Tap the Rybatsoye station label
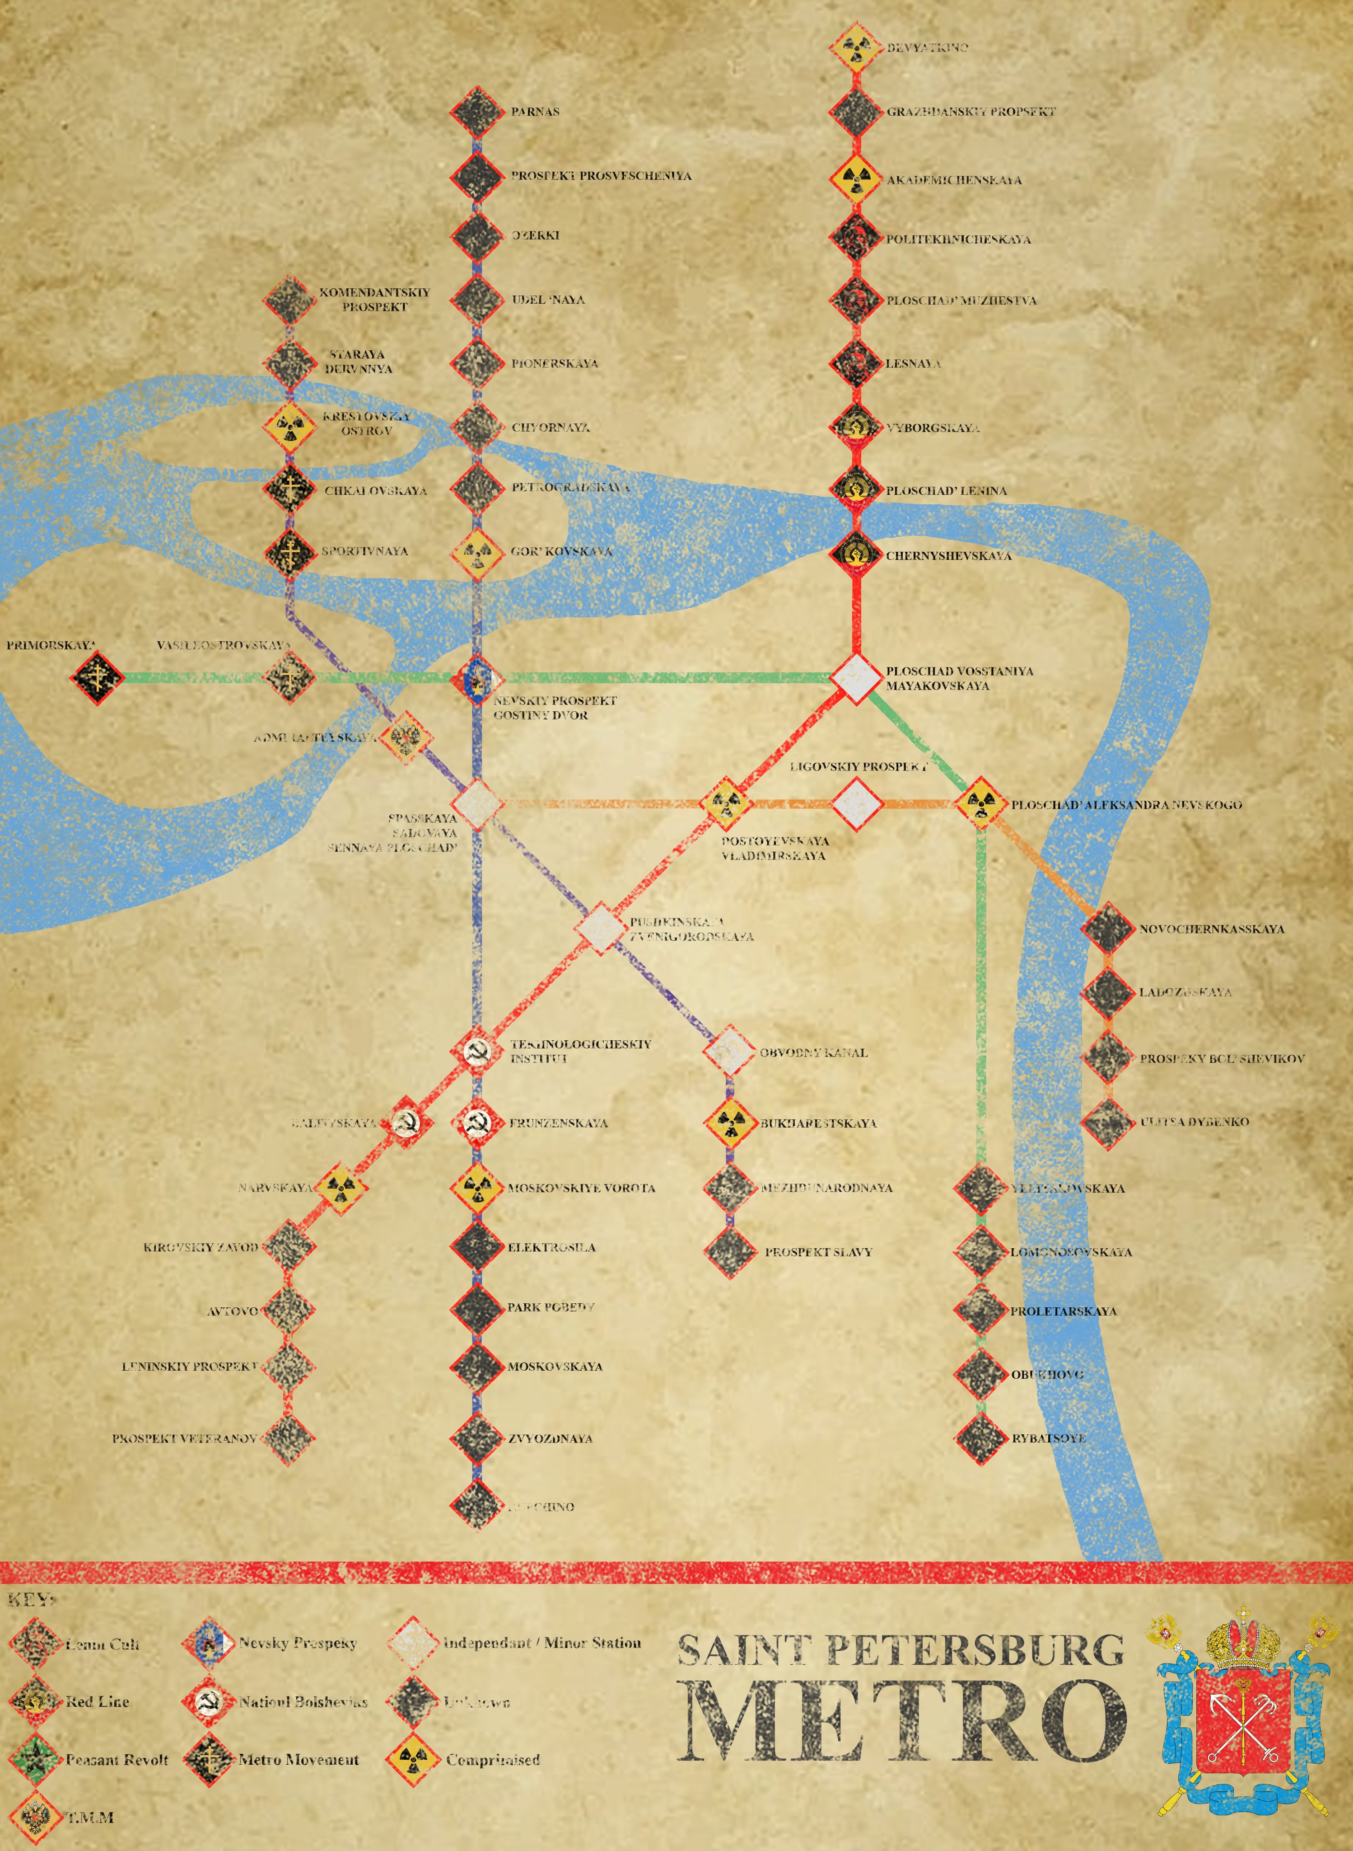(x=1048, y=1438)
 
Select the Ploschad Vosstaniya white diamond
(x=855, y=678)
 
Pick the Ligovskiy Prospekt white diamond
(x=857, y=804)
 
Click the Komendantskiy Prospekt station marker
(x=288, y=301)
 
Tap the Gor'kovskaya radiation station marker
(x=476, y=552)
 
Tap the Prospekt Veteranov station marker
(x=288, y=1438)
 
